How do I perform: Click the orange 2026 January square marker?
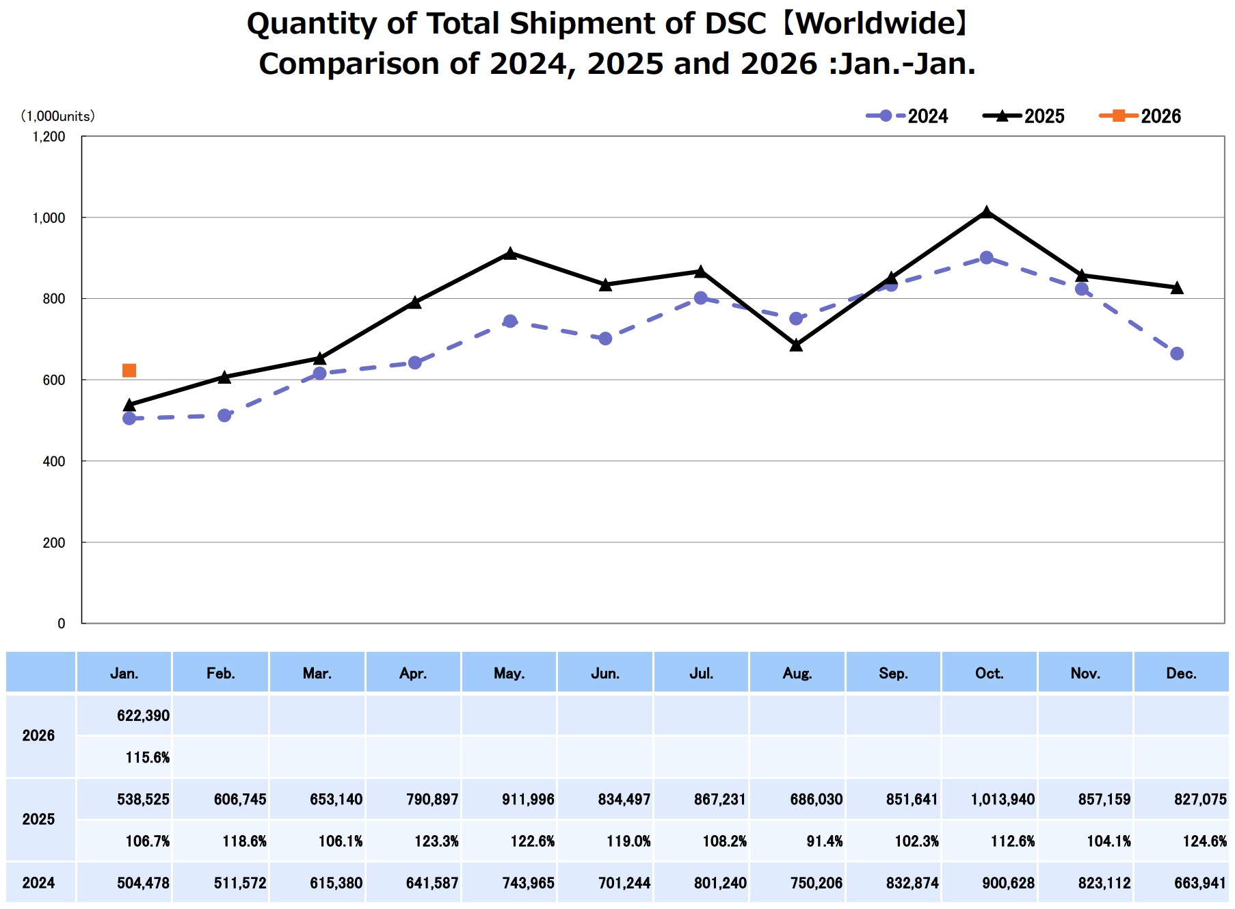pyautogui.click(x=129, y=371)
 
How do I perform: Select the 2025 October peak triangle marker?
pyautogui.click(x=986, y=213)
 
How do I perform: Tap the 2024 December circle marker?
pyautogui.click(x=1177, y=354)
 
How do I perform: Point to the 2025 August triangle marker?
pyautogui.click(x=796, y=345)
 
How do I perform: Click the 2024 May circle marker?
pyautogui.click(x=510, y=321)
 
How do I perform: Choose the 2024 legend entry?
pyautogui.click(x=907, y=116)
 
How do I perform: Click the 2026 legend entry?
pyautogui.click(x=1141, y=116)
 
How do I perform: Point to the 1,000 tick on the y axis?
pyautogui.click(x=49, y=218)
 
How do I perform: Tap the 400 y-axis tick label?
pyautogui.click(x=54, y=462)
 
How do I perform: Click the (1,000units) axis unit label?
pyautogui.click(x=58, y=116)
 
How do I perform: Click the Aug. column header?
pyautogui.click(x=797, y=674)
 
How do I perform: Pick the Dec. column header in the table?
pyautogui.click(x=1181, y=674)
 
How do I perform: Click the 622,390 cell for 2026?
pyautogui.click(x=143, y=716)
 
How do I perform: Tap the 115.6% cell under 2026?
pyautogui.click(x=147, y=757)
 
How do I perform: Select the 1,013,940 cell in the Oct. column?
pyautogui.click(x=1002, y=800)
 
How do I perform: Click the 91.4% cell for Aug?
pyautogui.click(x=824, y=841)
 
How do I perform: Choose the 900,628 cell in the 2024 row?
pyautogui.click(x=1008, y=883)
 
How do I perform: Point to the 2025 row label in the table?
pyautogui.click(x=38, y=819)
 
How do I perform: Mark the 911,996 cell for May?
pyautogui.click(x=527, y=800)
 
